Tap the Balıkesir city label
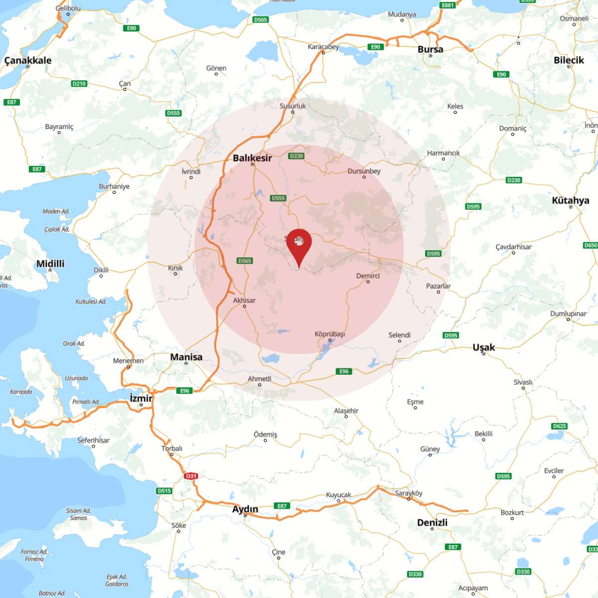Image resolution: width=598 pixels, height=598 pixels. [x=252, y=158]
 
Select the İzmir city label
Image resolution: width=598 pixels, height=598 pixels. [x=141, y=398]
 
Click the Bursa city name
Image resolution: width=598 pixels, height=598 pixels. [x=430, y=49]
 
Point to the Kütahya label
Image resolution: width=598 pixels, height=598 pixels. [x=570, y=200]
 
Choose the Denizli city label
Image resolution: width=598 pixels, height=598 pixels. [x=432, y=522]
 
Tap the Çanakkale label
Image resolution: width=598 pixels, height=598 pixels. [x=28, y=60]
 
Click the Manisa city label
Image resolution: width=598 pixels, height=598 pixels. [x=186, y=357]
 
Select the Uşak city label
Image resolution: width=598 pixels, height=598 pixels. [x=483, y=347]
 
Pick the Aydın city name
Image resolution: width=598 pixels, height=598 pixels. [x=245, y=509]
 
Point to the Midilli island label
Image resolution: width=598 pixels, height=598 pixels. [x=50, y=264]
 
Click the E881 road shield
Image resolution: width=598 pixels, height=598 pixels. [x=448, y=5]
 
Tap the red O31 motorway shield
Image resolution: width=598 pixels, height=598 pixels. [x=191, y=476]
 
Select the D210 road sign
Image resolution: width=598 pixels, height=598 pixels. [x=79, y=84]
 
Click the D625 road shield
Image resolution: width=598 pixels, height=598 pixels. [x=560, y=426]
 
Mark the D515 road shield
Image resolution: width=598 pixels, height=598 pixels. [x=164, y=491]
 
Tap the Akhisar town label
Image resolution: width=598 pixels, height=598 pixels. [x=244, y=300]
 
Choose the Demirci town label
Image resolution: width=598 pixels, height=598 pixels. [x=368, y=276]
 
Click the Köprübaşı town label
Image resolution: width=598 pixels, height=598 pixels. [x=330, y=334]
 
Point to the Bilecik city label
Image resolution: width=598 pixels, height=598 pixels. [x=569, y=60]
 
